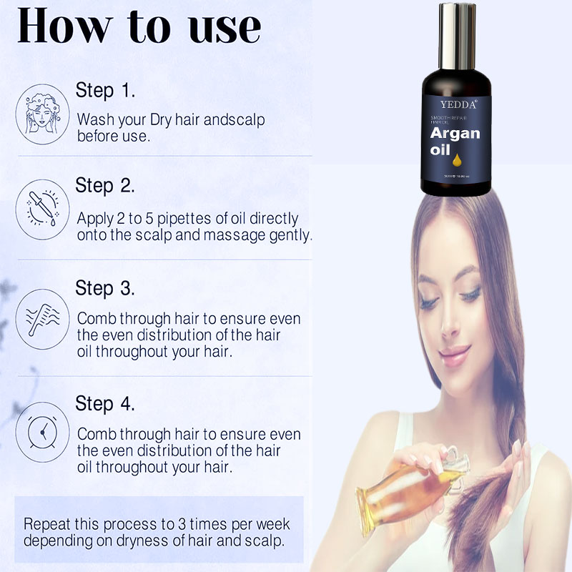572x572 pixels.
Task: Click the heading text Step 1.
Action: pos(105,92)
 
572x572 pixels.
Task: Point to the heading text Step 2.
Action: pos(105,186)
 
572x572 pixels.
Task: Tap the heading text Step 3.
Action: pos(105,289)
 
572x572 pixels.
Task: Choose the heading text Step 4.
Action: pos(105,403)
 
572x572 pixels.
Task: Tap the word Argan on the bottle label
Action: pos(455,134)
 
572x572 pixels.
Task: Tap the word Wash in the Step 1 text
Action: pos(93,119)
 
